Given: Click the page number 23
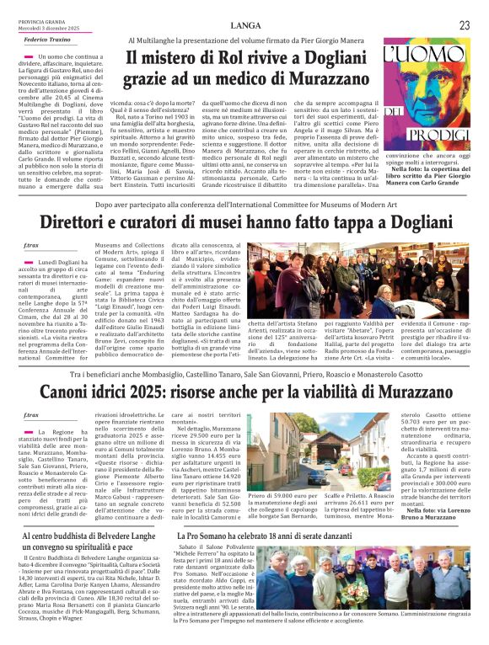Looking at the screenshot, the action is pos(465,25).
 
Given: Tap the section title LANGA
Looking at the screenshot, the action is pos(244,25).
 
